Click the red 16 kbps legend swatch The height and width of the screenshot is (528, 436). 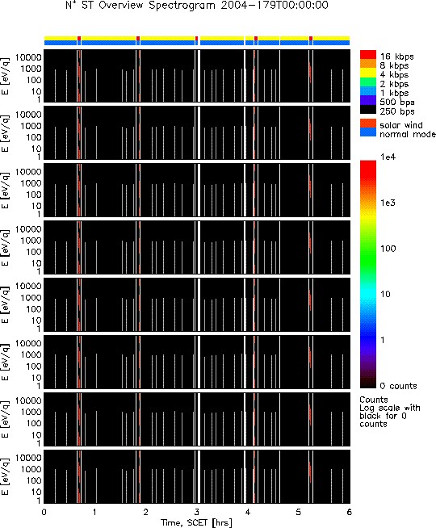pos(368,55)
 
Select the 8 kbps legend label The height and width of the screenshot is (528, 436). pos(394,65)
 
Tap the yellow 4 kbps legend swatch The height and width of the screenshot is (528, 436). pos(368,73)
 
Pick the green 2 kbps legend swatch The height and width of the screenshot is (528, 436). pos(368,82)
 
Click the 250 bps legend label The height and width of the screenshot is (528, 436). pos(397,111)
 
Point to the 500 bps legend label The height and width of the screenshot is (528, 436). pos(397,103)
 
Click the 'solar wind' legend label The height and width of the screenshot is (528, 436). pos(401,125)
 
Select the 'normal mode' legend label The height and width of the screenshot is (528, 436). pos(408,134)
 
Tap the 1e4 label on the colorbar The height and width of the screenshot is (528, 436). pos(388,157)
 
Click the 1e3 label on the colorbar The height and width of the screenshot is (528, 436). pos(388,203)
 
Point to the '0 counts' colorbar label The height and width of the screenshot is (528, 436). pos(398,386)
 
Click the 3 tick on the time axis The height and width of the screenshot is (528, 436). pos(196,512)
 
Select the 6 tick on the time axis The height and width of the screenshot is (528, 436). pos(349,512)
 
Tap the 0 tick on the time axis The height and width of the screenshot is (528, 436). pos(44,512)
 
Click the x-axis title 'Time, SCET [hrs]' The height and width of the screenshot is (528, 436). pos(196,522)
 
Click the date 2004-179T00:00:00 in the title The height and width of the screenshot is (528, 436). pos(275,6)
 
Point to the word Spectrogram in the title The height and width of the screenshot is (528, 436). pos(182,6)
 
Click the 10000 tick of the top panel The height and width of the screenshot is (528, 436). pos(28,57)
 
